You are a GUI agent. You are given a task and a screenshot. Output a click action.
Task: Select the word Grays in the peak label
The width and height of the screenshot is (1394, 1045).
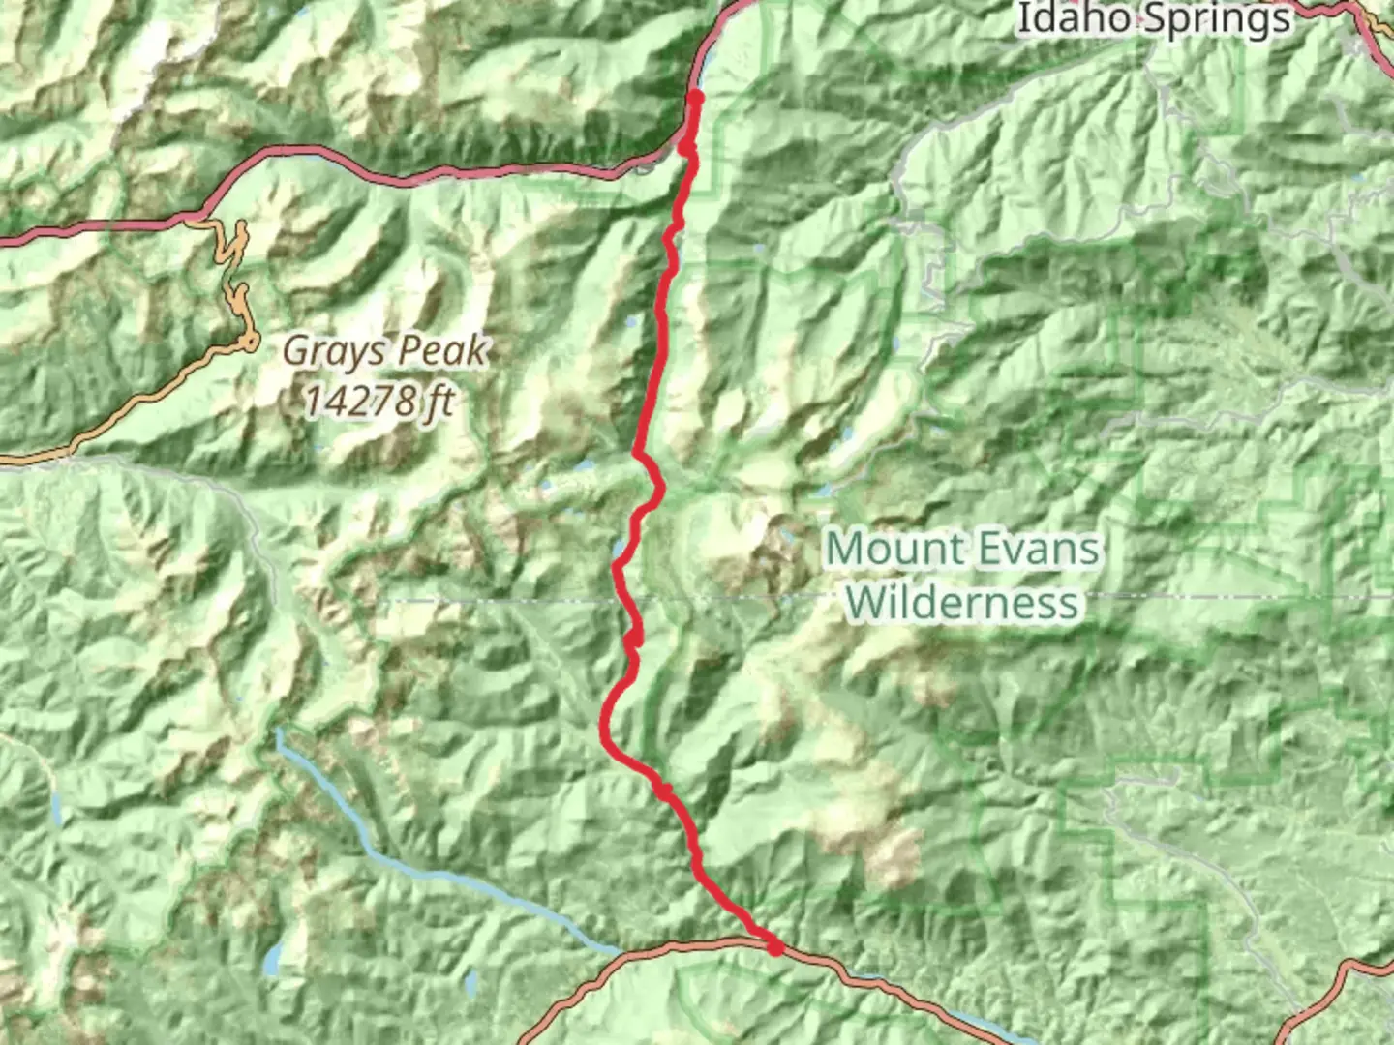330,351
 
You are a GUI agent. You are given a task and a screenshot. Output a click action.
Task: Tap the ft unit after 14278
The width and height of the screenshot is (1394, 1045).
437,399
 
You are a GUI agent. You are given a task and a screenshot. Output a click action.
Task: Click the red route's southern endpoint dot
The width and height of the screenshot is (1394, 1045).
775,948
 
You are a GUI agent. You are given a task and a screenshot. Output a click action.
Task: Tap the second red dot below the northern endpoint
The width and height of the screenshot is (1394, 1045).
686,148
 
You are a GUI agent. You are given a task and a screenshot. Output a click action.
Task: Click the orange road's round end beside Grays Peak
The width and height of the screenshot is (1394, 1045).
251,341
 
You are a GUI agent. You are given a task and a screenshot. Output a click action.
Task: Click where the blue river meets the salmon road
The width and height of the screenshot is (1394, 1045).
620,950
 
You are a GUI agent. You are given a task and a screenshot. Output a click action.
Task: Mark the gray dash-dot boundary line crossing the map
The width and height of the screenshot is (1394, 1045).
1162,597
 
